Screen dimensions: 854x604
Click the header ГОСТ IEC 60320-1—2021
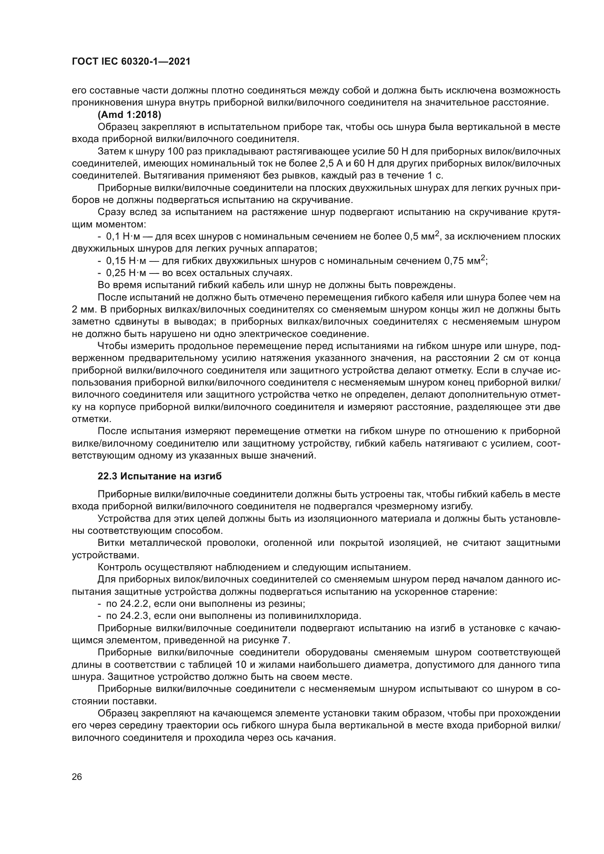(131, 62)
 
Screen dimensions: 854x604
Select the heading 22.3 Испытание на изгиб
(160, 476)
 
